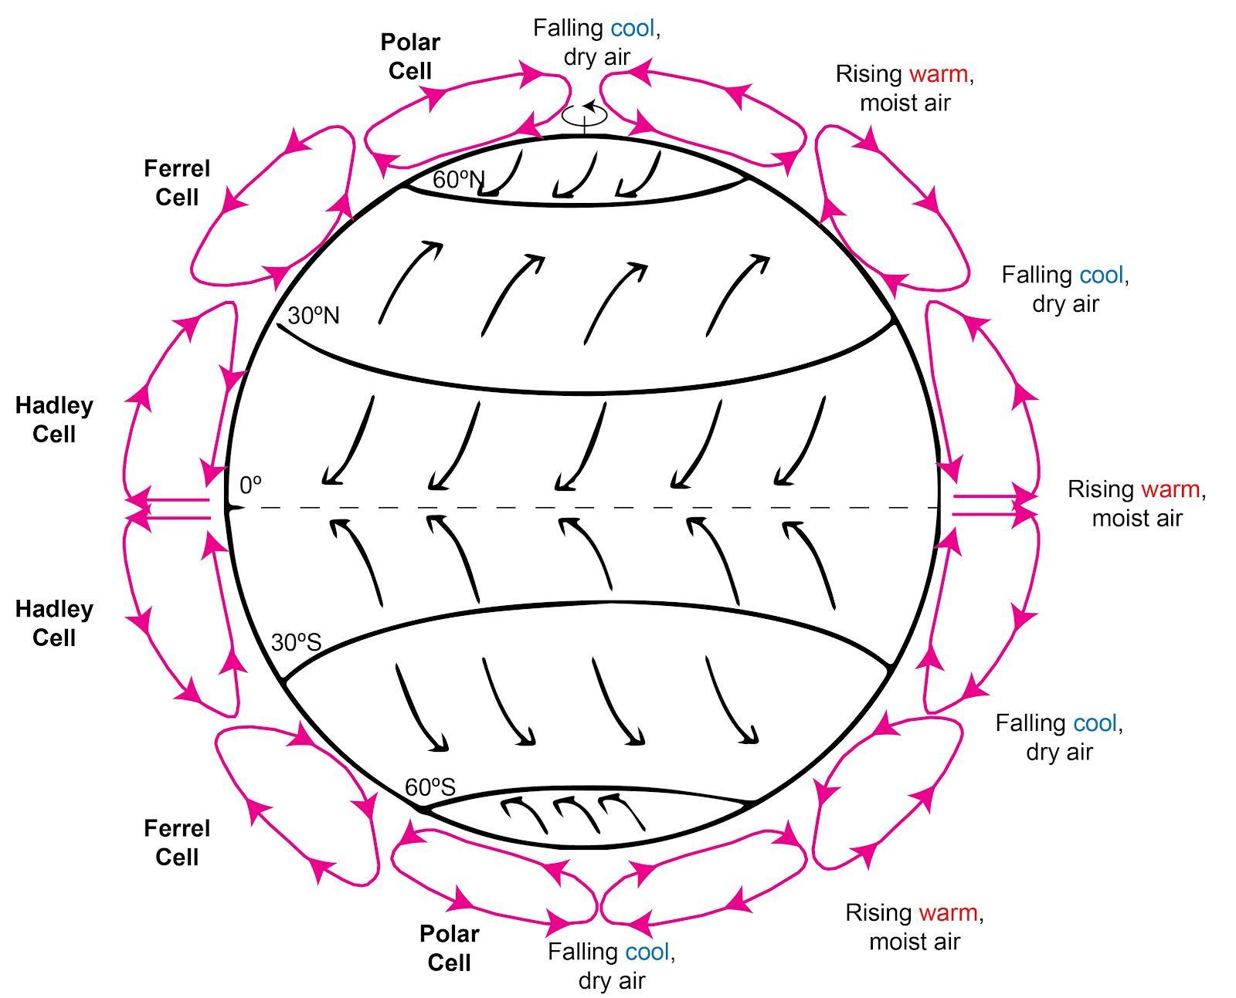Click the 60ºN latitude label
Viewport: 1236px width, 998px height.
(x=458, y=180)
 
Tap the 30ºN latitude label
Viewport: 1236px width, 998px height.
(x=313, y=316)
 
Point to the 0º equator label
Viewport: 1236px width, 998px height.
(x=250, y=485)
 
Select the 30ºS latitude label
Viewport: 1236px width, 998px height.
(x=296, y=642)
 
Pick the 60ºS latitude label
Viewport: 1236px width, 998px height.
(x=430, y=787)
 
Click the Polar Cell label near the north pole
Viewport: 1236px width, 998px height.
(x=410, y=56)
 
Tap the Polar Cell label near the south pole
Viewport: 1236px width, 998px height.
(x=449, y=948)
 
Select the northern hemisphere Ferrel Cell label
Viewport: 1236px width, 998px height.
(x=177, y=183)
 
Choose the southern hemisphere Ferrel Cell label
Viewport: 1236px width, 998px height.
(x=177, y=843)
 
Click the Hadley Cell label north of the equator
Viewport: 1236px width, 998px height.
(x=54, y=420)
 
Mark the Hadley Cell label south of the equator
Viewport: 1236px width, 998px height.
(x=54, y=624)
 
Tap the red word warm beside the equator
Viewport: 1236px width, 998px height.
(x=1170, y=489)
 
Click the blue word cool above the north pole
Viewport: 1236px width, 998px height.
(x=633, y=29)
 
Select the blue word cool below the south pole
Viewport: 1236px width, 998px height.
(x=647, y=952)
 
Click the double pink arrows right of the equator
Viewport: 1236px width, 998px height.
(x=993, y=505)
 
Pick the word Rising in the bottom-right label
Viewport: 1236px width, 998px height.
(x=878, y=912)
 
